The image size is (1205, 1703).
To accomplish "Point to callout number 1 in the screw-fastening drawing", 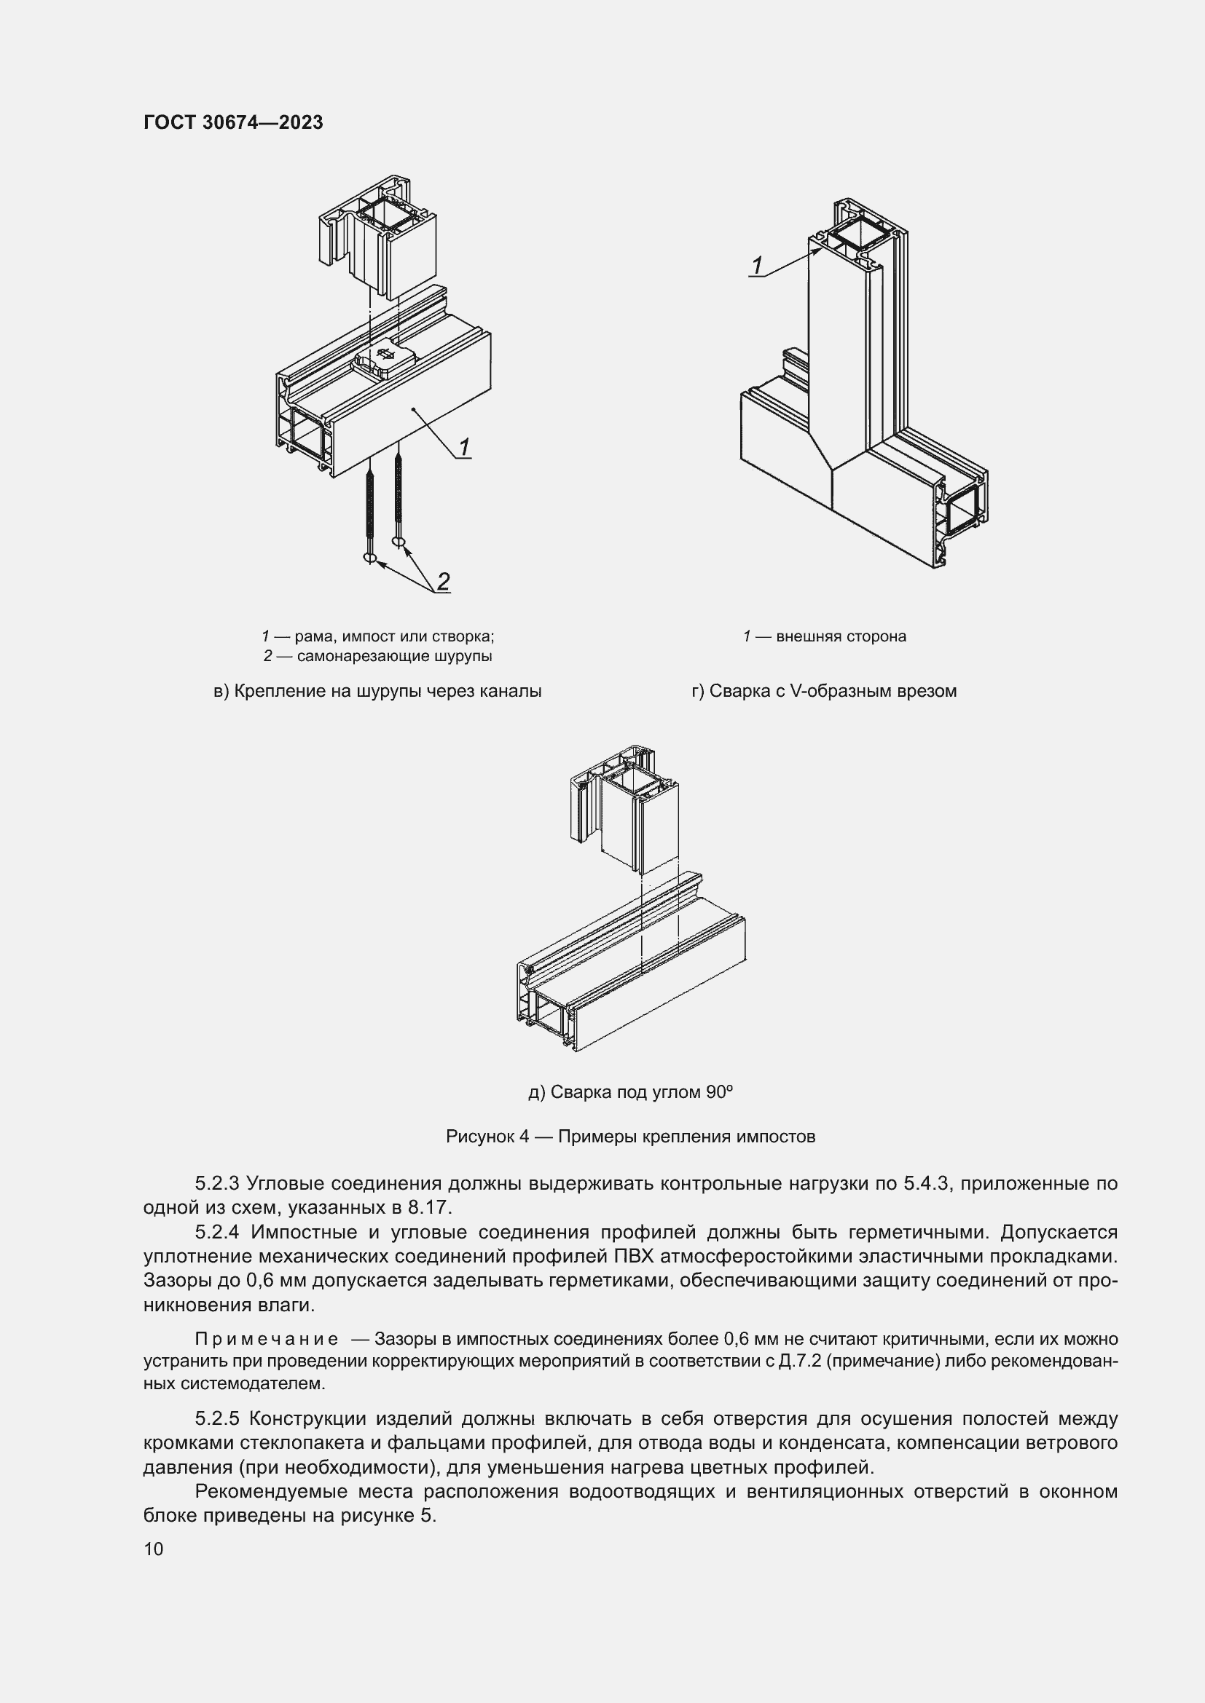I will click(x=464, y=446).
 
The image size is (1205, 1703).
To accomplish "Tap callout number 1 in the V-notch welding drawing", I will click(x=757, y=265).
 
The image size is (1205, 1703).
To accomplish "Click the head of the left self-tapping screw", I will click(x=370, y=558).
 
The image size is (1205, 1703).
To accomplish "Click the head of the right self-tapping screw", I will click(x=400, y=543).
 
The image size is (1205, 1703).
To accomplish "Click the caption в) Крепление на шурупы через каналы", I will click(x=377, y=691).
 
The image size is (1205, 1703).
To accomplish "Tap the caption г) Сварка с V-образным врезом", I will click(x=824, y=691).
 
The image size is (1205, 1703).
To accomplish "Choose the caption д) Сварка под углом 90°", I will click(x=630, y=1092).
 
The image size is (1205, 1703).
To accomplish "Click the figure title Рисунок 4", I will click(x=487, y=1137).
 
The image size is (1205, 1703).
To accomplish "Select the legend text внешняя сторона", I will click(x=841, y=636).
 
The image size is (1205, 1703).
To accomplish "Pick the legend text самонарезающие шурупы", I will click(x=394, y=657).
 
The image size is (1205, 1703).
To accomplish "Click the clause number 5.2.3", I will click(x=216, y=1183).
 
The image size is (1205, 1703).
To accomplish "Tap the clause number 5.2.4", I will click(x=216, y=1232).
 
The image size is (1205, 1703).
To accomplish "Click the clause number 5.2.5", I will click(x=216, y=1419).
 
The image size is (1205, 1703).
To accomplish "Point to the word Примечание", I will click(x=267, y=1340).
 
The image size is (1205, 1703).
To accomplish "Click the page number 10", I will click(x=154, y=1549).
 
